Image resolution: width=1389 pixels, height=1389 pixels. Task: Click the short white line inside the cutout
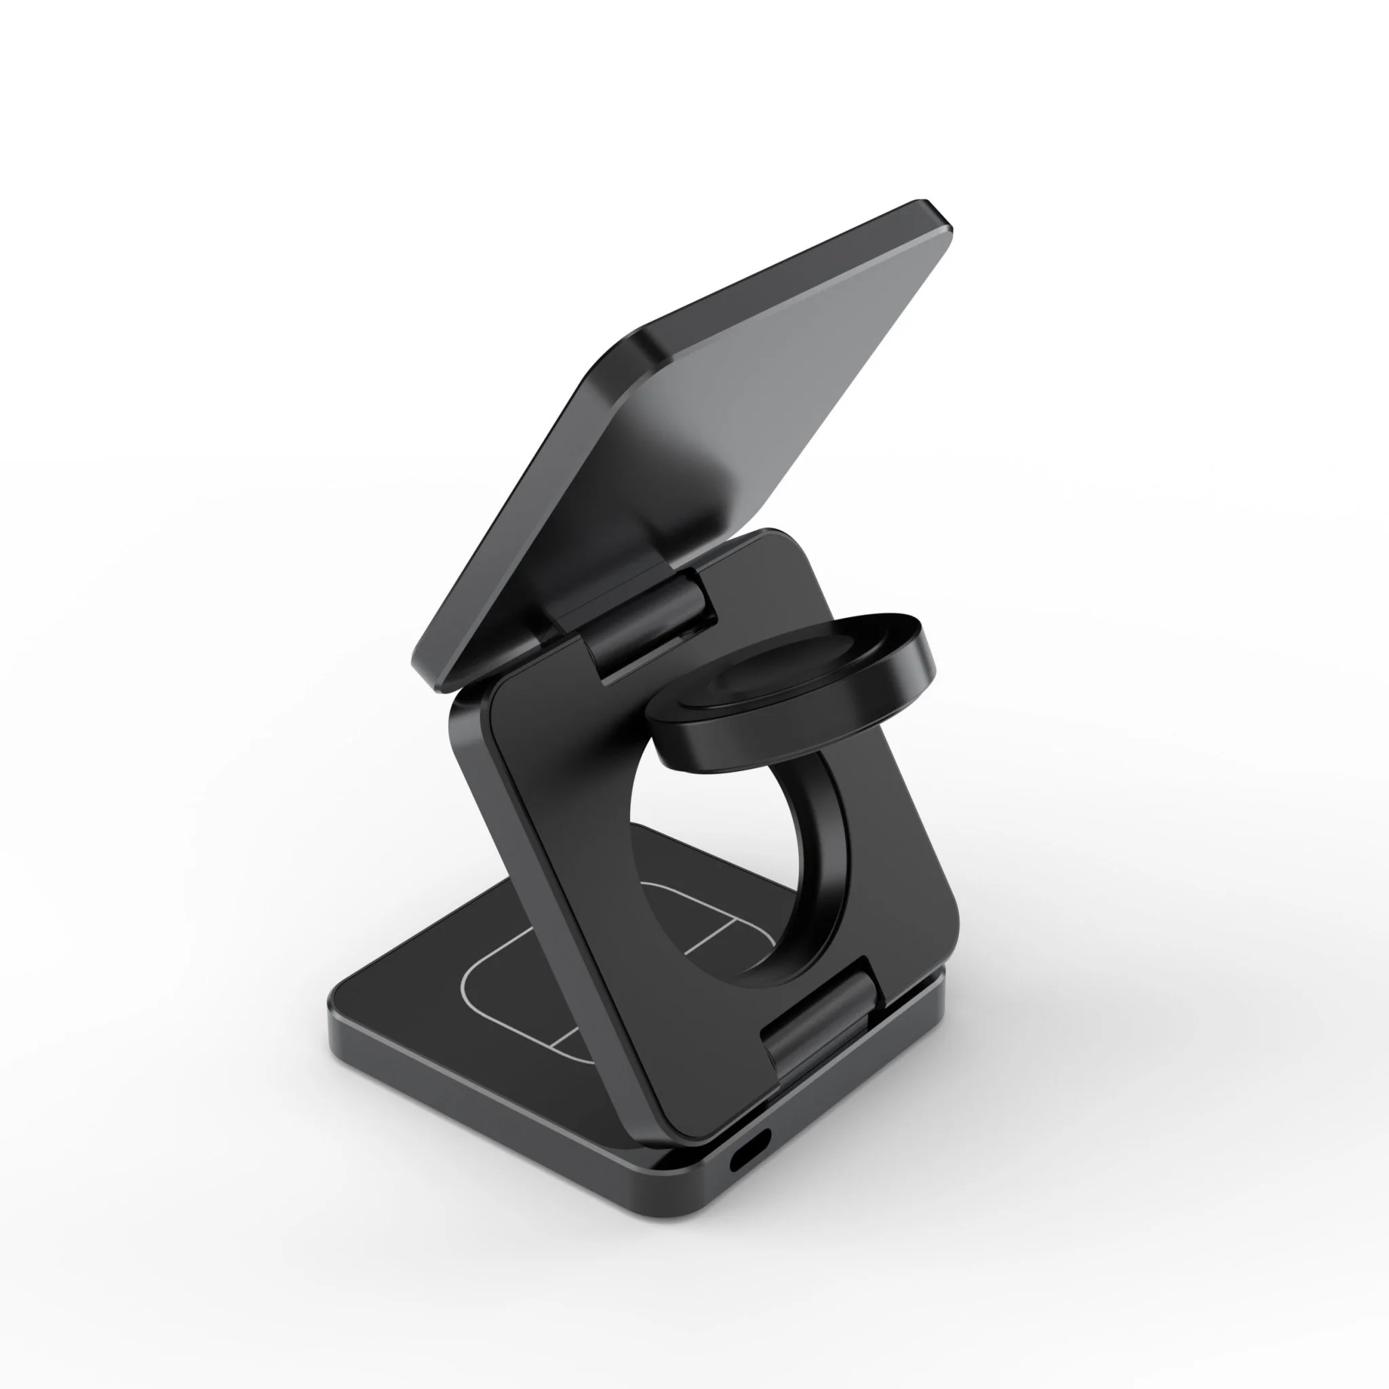pyautogui.click(x=708, y=935)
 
